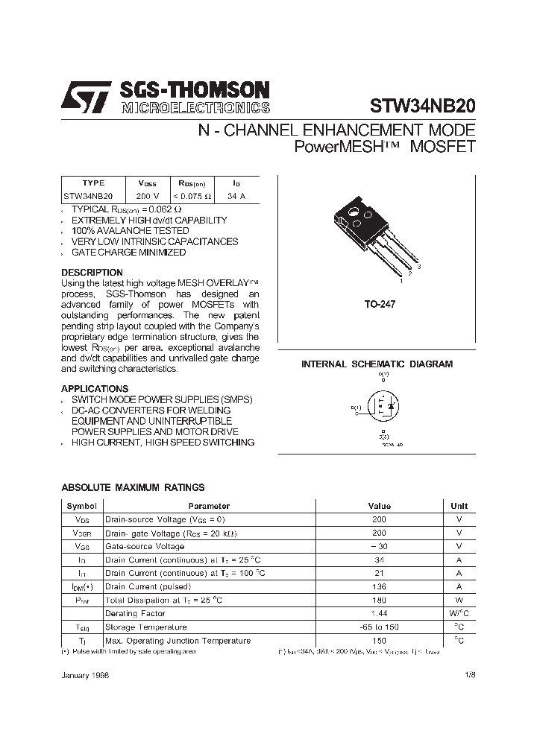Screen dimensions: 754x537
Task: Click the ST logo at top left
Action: coord(87,97)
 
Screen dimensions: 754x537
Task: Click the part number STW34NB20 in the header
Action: coord(422,106)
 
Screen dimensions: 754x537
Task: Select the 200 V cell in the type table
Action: coord(147,196)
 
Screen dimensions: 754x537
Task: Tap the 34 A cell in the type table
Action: coord(236,196)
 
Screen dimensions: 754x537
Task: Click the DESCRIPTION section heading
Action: coord(92,273)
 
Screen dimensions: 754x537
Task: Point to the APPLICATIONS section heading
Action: coord(95,389)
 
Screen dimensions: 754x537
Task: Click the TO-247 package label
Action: coord(380,305)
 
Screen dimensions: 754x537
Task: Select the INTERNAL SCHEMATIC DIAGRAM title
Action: coord(377,364)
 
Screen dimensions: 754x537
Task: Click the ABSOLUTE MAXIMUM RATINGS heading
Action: coord(133,488)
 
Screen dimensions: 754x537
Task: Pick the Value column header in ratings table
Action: coord(380,506)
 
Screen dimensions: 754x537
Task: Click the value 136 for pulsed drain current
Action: coord(380,586)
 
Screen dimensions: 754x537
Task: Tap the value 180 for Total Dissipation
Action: coord(380,600)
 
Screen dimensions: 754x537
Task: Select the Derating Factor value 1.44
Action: coord(380,613)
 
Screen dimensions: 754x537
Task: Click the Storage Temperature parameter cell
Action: coord(146,627)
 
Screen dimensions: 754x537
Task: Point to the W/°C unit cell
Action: coord(459,613)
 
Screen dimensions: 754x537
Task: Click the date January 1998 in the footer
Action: coord(85,674)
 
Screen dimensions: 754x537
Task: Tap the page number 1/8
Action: coord(469,674)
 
